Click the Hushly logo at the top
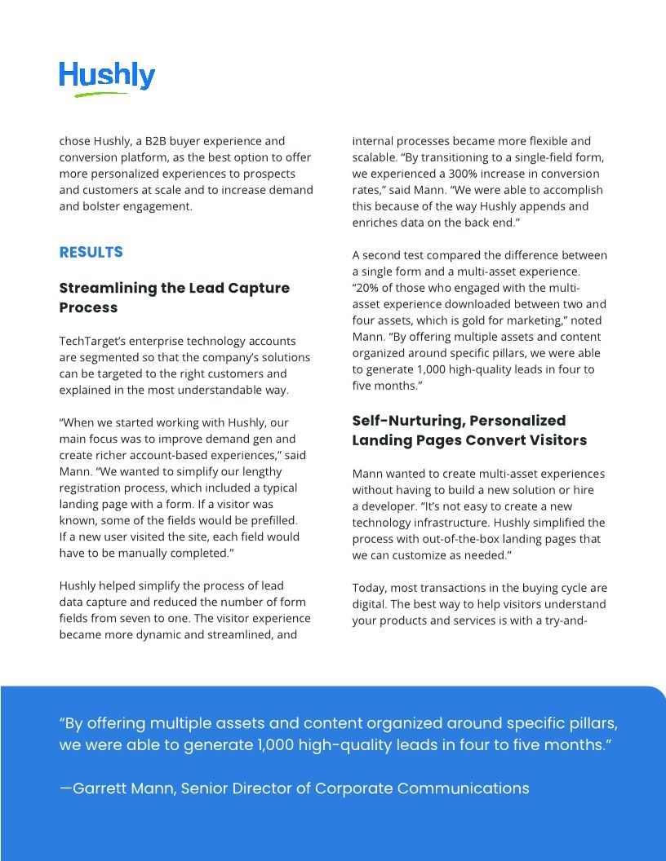click(x=107, y=76)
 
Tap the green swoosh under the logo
click(x=102, y=95)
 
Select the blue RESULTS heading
click(x=91, y=252)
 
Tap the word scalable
click(x=375, y=157)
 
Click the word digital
click(x=370, y=604)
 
